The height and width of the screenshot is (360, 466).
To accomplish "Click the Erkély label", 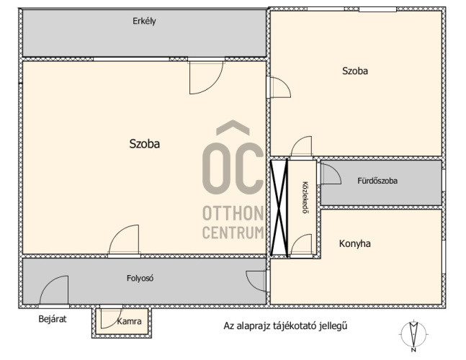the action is click(144, 22).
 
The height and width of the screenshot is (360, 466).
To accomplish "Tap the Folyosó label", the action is click(140, 279).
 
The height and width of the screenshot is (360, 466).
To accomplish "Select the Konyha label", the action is click(355, 244).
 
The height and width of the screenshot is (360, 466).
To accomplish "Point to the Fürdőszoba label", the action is click(377, 181).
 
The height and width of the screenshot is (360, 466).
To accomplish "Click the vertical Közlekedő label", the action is click(305, 197).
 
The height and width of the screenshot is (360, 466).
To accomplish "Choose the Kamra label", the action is click(129, 321).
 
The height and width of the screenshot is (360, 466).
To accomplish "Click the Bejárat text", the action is click(53, 319).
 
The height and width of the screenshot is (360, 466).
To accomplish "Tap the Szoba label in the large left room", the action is click(145, 144).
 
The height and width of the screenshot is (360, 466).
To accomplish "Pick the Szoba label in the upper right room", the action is click(355, 71).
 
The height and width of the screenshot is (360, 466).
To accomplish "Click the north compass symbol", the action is click(413, 336).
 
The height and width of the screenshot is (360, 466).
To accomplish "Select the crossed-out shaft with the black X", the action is click(279, 208).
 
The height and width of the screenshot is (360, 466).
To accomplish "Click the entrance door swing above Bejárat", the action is click(54, 290).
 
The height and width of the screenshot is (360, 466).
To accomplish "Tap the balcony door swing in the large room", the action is click(206, 76).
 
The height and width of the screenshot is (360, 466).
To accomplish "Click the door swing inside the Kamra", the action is click(110, 318).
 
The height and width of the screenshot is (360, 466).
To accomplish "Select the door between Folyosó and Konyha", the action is click(257, 281).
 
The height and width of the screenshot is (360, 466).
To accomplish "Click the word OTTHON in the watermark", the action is click(233, 213).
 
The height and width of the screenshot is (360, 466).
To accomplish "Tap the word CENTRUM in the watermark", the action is click(233, 233).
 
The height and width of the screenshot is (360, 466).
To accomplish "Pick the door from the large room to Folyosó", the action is click(124, 240).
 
